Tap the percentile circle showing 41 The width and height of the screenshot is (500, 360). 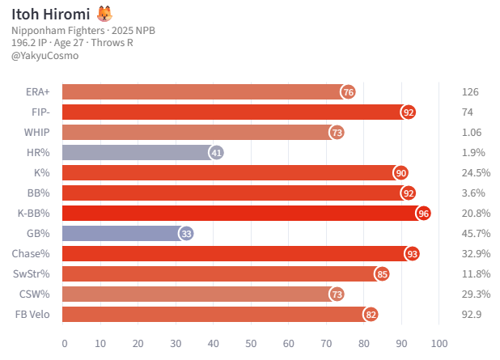(x=216, y=152)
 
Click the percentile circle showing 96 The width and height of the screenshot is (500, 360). (x=423, y=213)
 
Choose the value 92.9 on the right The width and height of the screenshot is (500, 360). (x=470, y=314)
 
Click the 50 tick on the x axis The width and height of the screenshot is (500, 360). (x=251, y=343)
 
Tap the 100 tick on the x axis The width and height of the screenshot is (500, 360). (x=439, y=343)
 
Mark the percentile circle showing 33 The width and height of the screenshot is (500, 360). (x=186, y=233)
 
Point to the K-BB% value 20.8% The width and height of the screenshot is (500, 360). (x=474, y=213)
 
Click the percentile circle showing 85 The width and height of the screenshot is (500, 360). (x=382, y=273)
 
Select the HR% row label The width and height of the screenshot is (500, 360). (x=37, y=152)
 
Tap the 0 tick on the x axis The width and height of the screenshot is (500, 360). (x=63, y=343)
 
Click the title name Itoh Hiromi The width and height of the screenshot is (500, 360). (x=50, y=13)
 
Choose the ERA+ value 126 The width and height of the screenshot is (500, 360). (x=469, y=92)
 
